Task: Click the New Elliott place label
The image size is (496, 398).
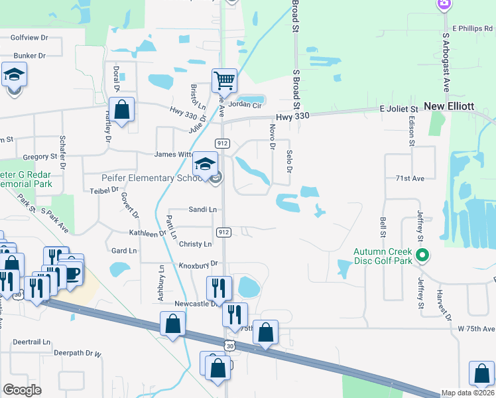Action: (449, 106)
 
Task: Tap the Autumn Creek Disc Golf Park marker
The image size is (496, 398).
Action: (421, 255)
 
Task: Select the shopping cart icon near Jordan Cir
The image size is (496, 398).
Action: (224, 81)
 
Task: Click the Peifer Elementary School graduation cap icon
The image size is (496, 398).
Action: (205, 163)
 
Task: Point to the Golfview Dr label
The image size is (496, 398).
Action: (30, 38)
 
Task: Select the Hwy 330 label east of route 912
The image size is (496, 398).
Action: (293, 116)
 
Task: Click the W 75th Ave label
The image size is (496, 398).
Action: (476, 328)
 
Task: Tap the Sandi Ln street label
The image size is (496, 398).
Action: (202, 209)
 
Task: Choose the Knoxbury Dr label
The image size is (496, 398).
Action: (198, 264)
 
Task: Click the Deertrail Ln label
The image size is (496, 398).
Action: (32, 342)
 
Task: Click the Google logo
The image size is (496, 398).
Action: (22, 390)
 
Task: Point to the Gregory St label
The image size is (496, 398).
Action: (40, 157)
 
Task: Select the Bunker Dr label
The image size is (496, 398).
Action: (29, 56)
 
